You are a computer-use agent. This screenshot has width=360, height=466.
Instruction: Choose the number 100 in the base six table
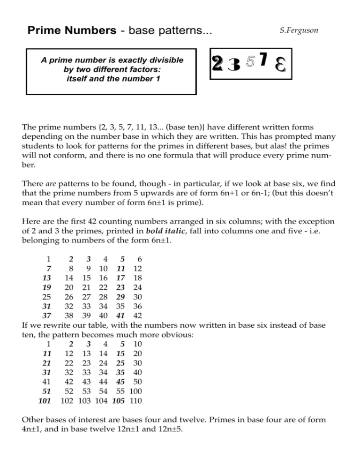point(137,391)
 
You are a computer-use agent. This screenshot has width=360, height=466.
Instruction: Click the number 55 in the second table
point(121,391)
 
